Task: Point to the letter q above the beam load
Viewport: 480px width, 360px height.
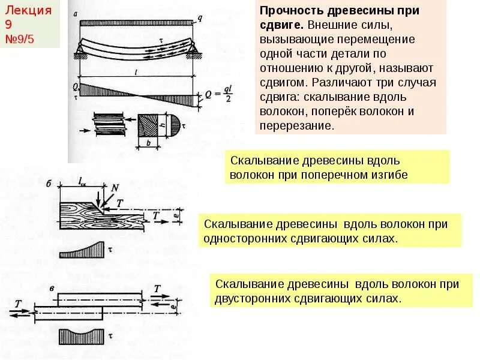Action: pyautogui.click(x=199, y=18)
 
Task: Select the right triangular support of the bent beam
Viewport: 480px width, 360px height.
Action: pyautogui.click(x=194, y=52)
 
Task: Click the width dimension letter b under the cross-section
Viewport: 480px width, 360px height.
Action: pyautogui.click(x=147, y=144)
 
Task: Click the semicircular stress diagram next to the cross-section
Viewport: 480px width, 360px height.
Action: pyautogui.click(x=175, y=125)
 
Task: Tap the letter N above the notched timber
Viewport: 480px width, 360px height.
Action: pyautogui.click(x=115, y=188)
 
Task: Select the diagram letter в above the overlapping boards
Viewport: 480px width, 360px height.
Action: pyautogui.click(x=53, y=289)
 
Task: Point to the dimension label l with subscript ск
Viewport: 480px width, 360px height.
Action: pyautogui.click(x=83, y=180)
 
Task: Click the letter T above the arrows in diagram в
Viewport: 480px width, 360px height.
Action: pyautogui.click(x=157, y=289)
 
